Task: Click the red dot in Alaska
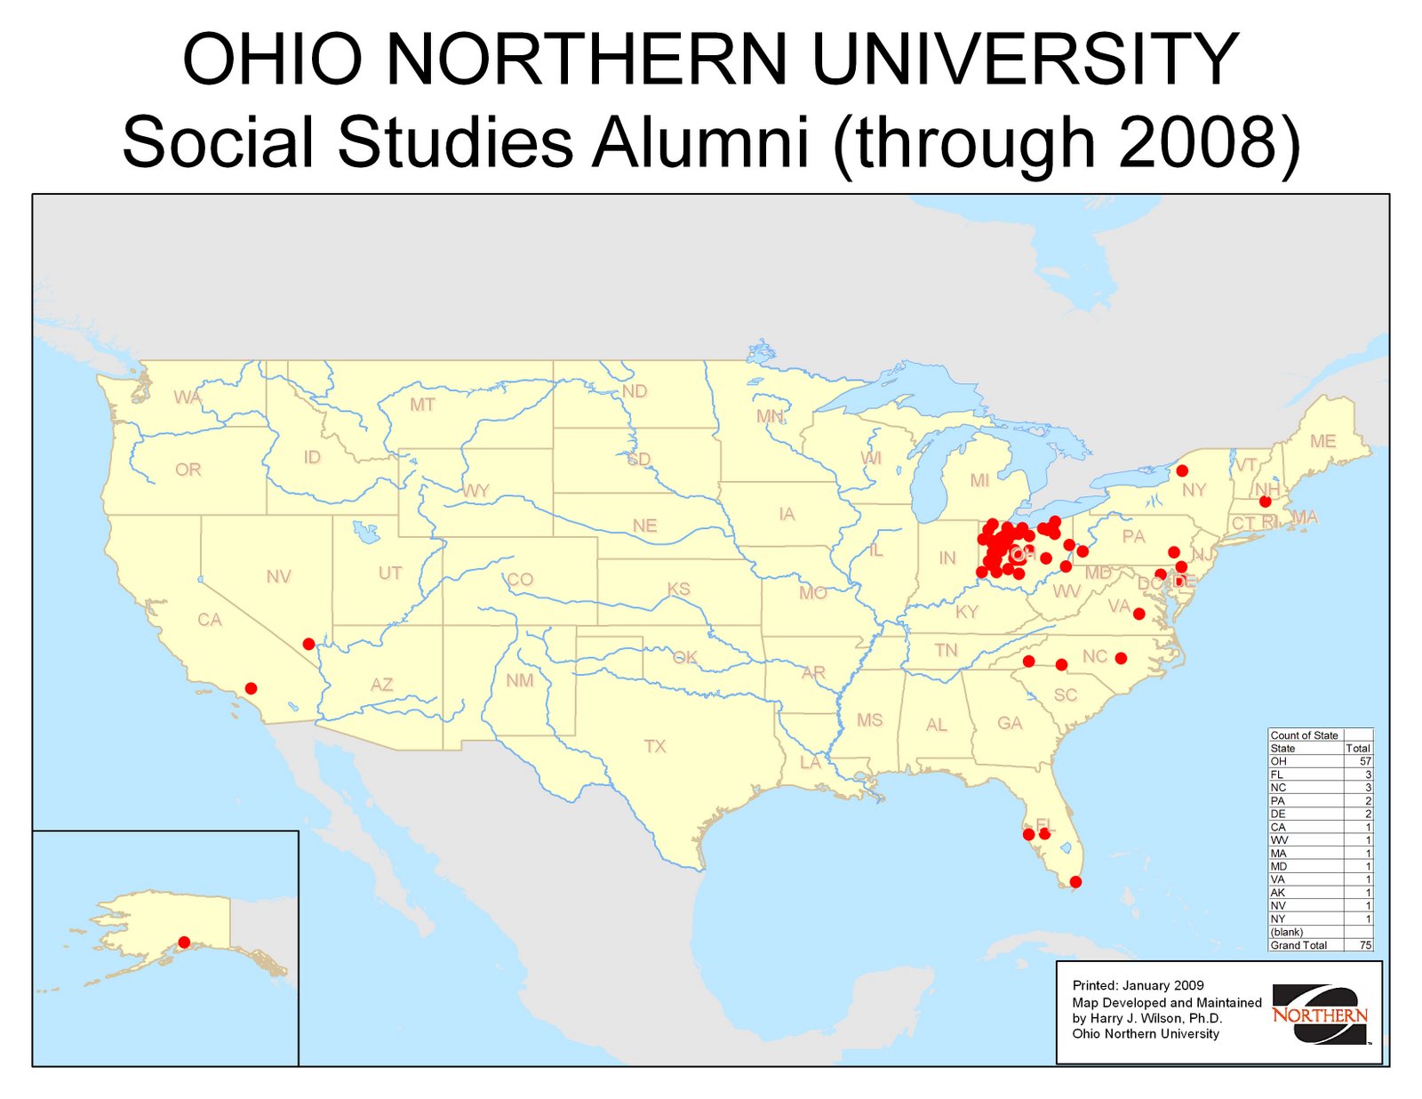click(184, 942)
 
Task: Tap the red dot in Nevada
click(308, 644)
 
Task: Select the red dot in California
click(252, 688)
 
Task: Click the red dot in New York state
click(1182, 470)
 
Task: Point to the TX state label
click(655, 746)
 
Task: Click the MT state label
click(422, 405)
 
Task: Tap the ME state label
click(1322, 441)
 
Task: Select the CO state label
click(520, 580)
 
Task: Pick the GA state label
click(1010, 723)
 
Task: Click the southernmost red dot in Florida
click(1075, 882)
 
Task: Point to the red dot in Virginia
click(1138, 614)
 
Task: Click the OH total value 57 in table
click(1365, 761)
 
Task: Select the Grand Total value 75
click(1365, 945)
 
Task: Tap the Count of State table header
click(1304, 735)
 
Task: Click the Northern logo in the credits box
click(1320, 1015)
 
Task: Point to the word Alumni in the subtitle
click(701, 142)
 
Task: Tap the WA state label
click(188, 397)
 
